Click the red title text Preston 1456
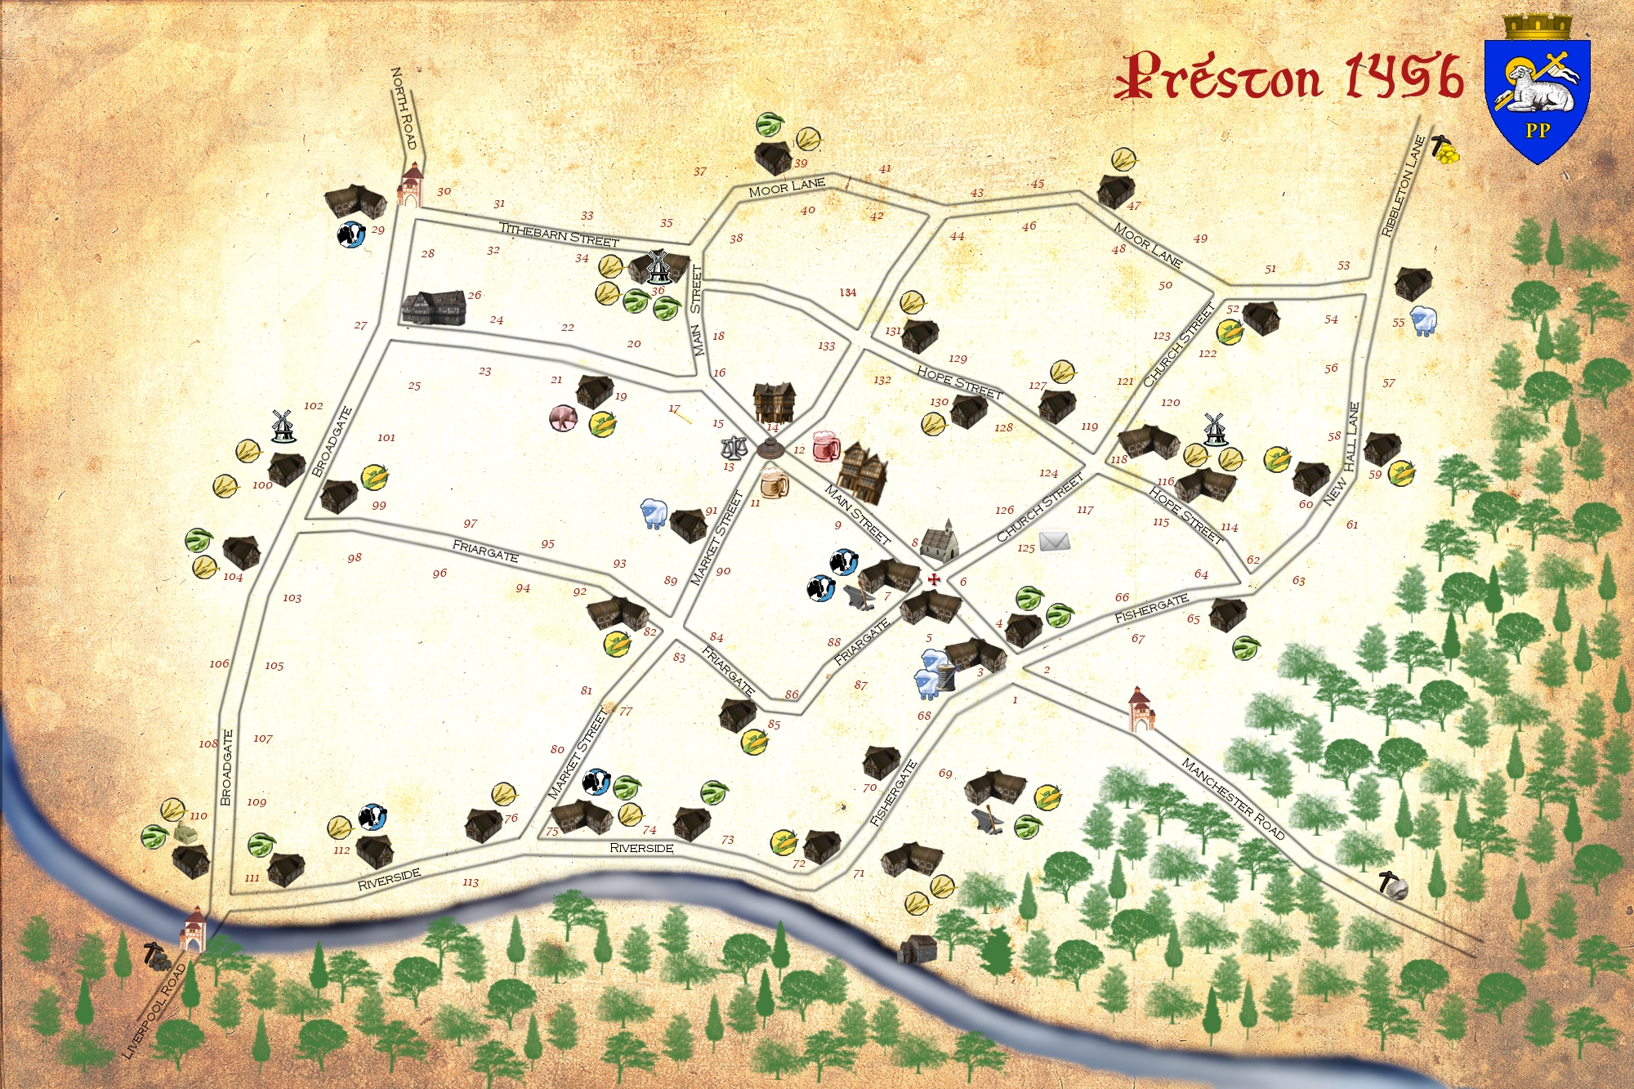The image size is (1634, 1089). [1288, 78]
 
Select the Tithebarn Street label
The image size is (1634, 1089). [559, 234]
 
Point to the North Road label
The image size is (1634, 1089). [404, 108]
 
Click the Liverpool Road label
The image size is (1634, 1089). [154, 1011]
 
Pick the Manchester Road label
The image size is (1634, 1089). [1233, 798]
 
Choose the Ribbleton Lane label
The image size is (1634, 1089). [1403, 187]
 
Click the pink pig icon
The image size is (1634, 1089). [563, 418]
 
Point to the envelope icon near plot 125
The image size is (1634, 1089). [1054, 540]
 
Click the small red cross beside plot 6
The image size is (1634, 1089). [934, 579]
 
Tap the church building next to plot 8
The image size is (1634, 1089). [940, 541]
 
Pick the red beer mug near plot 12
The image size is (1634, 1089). [826, 445]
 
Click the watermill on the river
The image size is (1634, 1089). [916, 948]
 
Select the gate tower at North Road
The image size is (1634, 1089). [411, 185]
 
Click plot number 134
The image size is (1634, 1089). [848, 292]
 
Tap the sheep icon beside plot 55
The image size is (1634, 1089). [1423, 320]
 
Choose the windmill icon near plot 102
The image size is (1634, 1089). [282, 426]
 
